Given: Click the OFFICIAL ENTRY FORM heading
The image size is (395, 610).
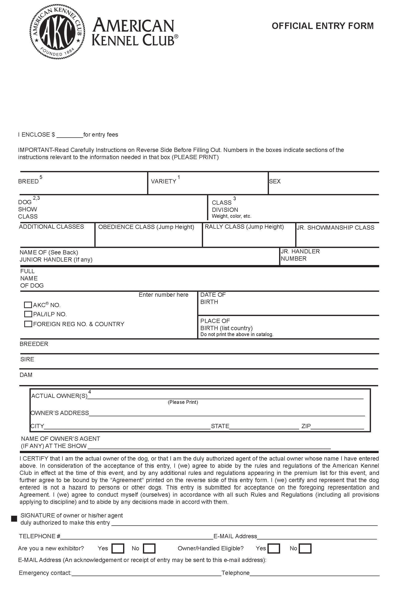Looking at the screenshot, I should pyautogui.click(x=322, y=26).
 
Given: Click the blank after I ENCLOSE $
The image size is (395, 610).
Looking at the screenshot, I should pyautogui.click(x=70, y=135).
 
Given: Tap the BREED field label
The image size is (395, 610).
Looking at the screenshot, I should pyautogui.click(x=28, y=181).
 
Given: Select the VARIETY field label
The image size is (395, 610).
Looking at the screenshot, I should pyautogui.click(x=163, y=181).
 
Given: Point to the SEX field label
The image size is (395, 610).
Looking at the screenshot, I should pyautogui.click(x=275, y=181).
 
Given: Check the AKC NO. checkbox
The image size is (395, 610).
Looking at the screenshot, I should pyautogui.click(x=28, y=305).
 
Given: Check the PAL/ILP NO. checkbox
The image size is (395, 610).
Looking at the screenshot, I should pyautogui.click(x=28, y=314).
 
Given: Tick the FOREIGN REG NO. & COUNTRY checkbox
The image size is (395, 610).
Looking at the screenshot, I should pyautogui.click(x=28, y=324).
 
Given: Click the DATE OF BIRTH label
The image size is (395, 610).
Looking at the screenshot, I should pyautogui.click(x=213, y=298).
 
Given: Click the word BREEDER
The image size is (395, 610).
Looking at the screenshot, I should pyautogui.click(x=34, y=344).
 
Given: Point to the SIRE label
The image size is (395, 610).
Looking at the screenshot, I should pyautogui.click(x=27, y=359).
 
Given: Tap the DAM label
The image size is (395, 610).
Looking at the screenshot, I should pyautogui.click(x=26, y=375).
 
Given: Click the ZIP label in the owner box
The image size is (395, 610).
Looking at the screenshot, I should pyautogui.click(x=306, y=426).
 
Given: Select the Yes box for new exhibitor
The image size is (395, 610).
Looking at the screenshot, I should pyautogui.click(x=118, y=548).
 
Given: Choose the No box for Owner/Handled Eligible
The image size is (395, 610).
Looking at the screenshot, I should pyautogui.click(x=305, y=548).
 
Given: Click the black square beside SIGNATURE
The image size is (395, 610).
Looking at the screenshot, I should pyautogui.click(x=14, y=519).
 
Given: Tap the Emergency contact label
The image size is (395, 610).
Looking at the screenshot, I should pyautogui.click(x=45, y=573).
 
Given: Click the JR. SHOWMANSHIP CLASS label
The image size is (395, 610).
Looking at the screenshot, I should pyautogui.click(x=335, y=228).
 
